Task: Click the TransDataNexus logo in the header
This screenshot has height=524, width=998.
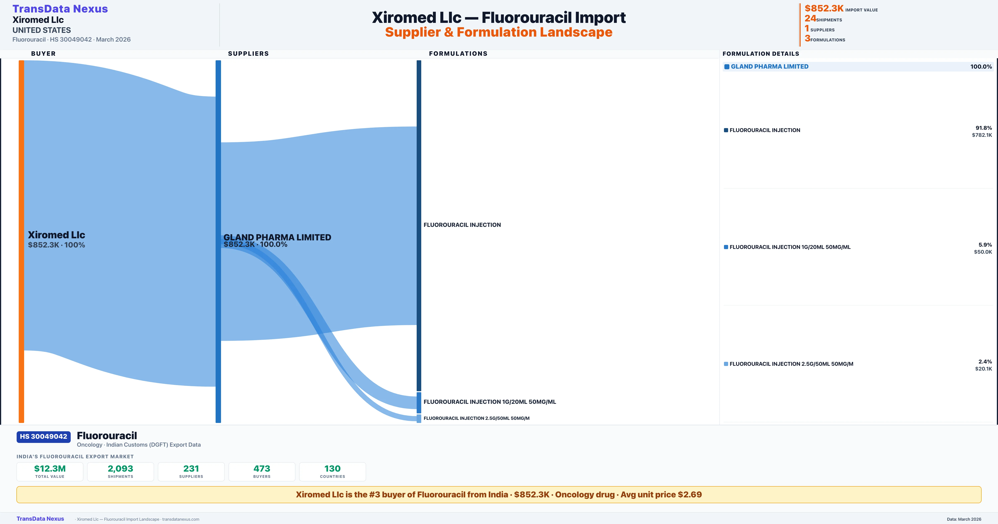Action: [60, 9]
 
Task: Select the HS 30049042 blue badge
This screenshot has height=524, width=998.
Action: [43, 437]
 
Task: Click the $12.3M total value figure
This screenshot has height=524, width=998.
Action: [50, 468]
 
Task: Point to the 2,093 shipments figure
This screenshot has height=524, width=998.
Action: [121, 468]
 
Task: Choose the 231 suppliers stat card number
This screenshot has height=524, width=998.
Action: [191, 468]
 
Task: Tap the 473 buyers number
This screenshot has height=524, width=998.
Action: [262, 468]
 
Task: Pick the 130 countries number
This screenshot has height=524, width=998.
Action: [332, 468]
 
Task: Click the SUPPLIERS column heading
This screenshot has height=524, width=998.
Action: [248, 53]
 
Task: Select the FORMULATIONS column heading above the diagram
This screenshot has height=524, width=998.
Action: [458, 53]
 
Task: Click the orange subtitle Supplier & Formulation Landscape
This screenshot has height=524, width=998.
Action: [499, 32]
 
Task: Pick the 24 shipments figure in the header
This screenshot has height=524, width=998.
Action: [810, 19]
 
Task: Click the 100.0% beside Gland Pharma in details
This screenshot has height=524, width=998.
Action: [981, 67]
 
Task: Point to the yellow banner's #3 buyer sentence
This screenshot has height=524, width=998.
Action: [499, 494]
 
